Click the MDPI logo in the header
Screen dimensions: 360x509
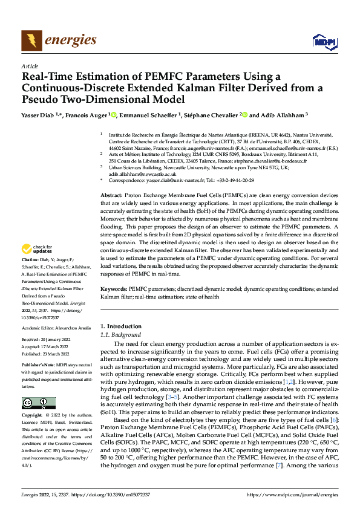point(322,41)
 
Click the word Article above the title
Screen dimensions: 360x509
point(29,66)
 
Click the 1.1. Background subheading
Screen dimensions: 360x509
point(120,334)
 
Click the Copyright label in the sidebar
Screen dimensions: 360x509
point(33,416)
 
